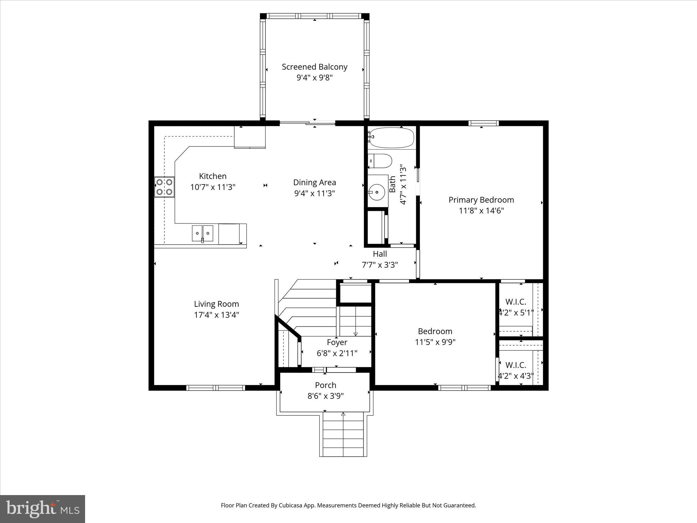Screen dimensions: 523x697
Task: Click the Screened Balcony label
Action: (x=314, y=67)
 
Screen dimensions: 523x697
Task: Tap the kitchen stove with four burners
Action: (x=164, y=187)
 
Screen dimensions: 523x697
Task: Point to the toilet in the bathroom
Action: (x=380, y=161)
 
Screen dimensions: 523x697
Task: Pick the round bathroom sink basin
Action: (x=377, y=192)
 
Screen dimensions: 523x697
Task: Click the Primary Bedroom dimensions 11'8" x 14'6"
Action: (x=481, y=211)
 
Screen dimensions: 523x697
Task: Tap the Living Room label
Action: (x=216, y=304)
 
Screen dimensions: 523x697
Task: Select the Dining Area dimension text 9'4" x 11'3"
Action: (x=314, y=193)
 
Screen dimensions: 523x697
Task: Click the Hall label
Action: (x=380, y=254)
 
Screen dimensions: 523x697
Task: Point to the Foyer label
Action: (x=337, y=342)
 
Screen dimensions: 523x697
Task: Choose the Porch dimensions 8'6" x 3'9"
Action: (x=326, y=396)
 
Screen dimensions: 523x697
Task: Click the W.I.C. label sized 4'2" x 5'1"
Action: (x=516, y=302)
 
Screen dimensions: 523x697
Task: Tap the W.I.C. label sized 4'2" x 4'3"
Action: (x=516, y=365)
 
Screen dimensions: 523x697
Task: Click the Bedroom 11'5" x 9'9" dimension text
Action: (x=435, y=342)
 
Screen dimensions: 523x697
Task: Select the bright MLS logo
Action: (x=43, y=509)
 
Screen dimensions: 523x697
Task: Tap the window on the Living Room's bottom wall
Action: (x=216, y=387)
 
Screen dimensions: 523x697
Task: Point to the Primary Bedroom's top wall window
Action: (x=483, y=123)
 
